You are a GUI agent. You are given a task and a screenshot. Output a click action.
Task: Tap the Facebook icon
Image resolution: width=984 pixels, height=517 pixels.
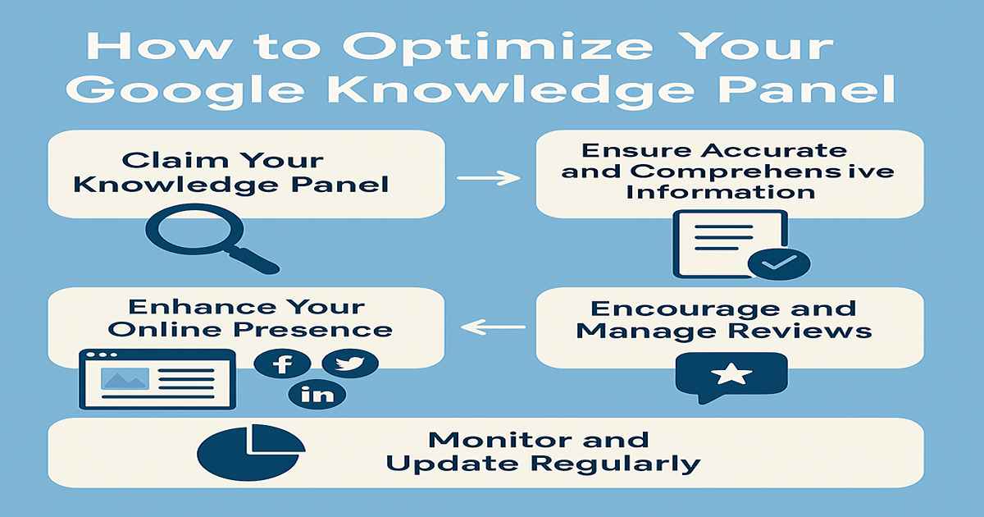[x=282, y=364]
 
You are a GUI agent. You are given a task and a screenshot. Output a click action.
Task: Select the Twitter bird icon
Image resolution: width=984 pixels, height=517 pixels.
[x=350, y=363]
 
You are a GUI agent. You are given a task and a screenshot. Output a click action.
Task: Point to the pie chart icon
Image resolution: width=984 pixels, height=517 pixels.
[x=251, y=452]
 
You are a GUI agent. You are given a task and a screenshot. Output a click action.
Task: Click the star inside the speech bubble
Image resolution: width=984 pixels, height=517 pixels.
[x=731, y=373]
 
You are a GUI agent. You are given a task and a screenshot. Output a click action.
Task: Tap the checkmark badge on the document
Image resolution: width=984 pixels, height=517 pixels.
[x=779, y=263]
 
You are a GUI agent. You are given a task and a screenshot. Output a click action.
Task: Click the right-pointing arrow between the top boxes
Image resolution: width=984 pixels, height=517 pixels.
[x=489, y=178]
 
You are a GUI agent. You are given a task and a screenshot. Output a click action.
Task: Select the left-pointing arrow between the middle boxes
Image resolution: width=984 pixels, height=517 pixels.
[x=493, y=327]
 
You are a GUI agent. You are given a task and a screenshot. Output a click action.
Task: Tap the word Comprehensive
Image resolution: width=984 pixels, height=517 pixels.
[x=762, y=172]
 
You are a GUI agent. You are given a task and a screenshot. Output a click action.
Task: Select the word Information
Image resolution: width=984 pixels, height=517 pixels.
[x=721, y=192]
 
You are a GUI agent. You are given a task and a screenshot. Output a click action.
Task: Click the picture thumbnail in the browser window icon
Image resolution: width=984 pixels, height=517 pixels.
[x=125, y=378]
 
